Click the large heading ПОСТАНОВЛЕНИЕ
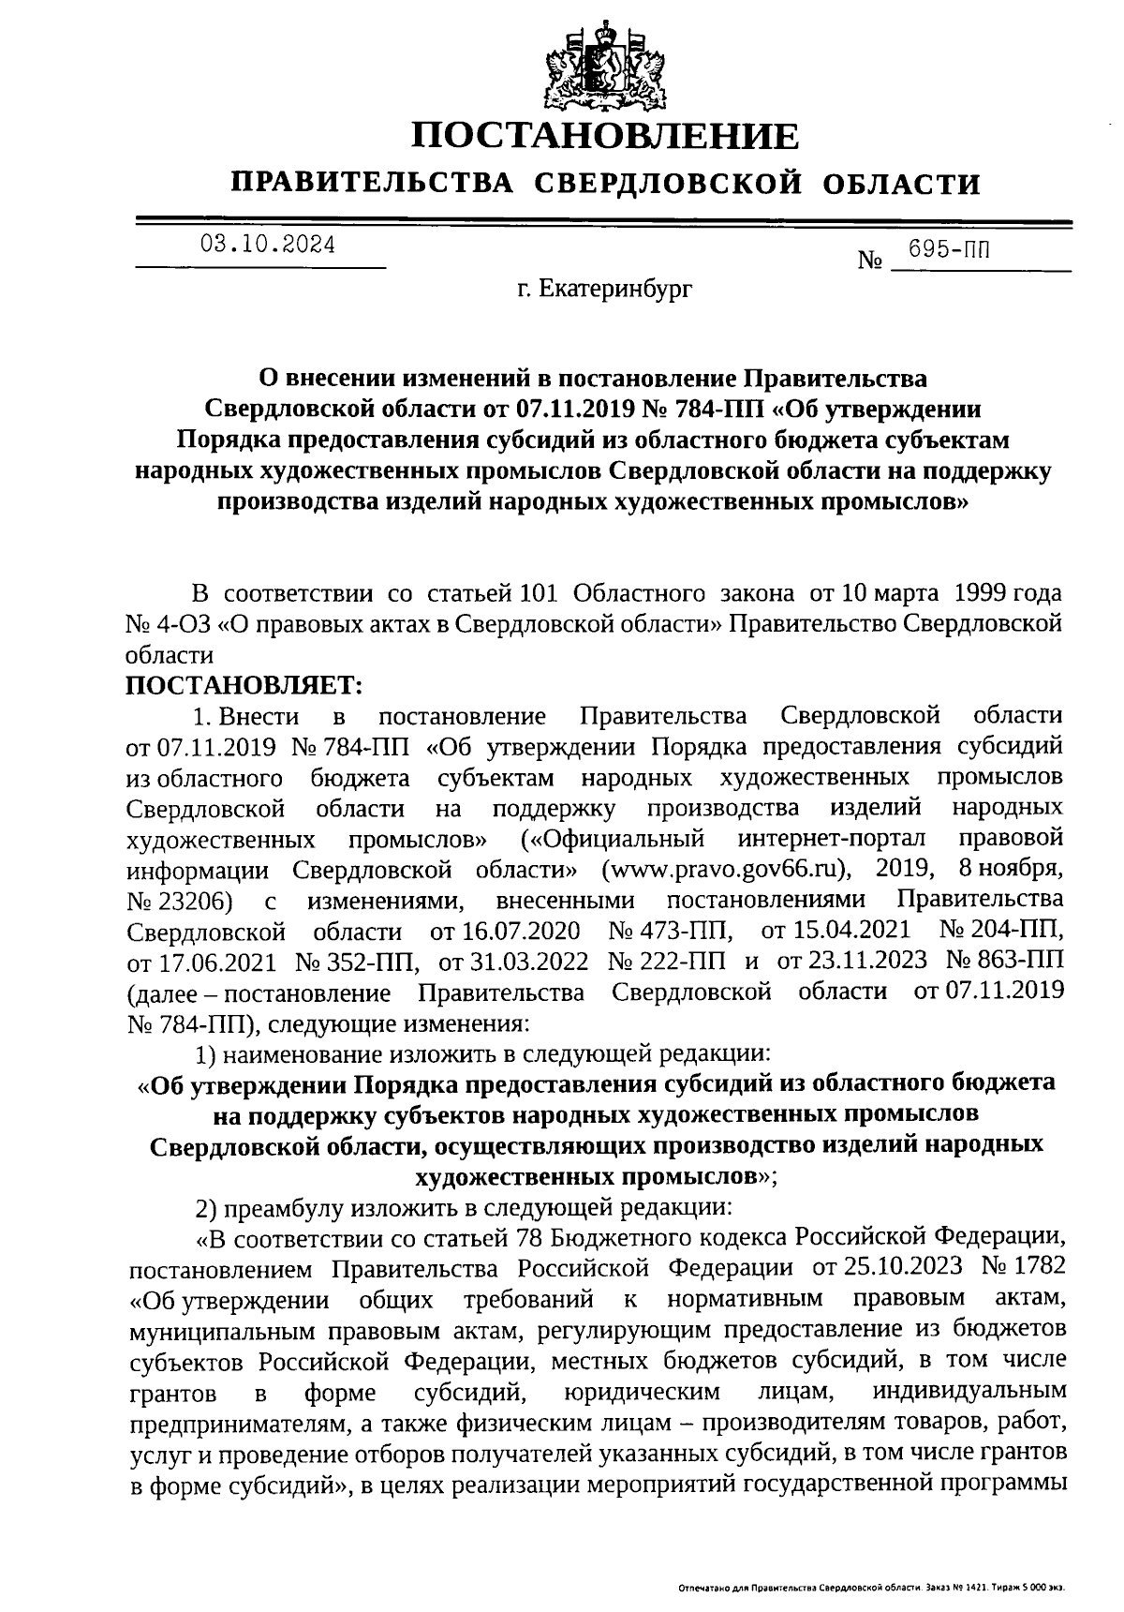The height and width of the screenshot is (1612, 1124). [607, 137]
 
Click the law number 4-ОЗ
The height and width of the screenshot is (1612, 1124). [196, 624]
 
